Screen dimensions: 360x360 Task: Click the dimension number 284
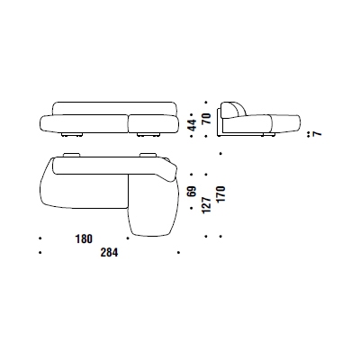coord(109,253)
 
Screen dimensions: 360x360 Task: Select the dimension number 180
coord(84,238)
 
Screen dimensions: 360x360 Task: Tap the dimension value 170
coord(221,194)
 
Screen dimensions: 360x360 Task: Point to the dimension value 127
coord(206,205)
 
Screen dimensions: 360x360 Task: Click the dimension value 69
coord(192,191)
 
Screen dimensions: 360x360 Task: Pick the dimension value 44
coord(192,125)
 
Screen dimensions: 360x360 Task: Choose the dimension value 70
coord(206,118)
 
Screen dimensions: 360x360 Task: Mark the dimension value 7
coord(317,133)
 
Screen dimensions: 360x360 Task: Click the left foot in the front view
coord(72,135)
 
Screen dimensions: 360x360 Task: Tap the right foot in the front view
coord(148,135)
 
